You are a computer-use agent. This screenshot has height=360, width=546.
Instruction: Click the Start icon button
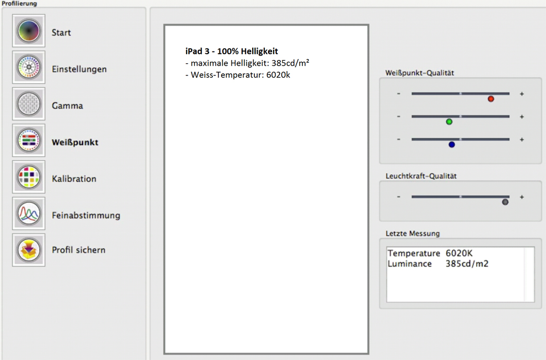pos(28,31)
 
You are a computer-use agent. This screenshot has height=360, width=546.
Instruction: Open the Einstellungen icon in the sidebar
pos(28,67)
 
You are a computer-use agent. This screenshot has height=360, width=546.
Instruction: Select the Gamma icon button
pos(28,104)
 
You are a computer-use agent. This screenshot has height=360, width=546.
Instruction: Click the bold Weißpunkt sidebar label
pos(75,142)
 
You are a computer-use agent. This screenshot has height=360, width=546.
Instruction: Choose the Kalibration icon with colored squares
pos(28,177)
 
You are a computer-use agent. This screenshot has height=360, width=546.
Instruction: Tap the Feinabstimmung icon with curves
pos(28,214)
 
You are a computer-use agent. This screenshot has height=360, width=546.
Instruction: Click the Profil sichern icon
pos(28,250)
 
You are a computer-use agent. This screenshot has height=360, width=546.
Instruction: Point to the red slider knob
pos(491,99)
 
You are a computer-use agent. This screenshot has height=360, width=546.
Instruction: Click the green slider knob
pos(449,122)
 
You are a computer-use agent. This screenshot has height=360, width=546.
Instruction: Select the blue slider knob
pos(452,144)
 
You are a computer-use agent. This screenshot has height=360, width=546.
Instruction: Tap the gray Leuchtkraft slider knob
pos(505,202)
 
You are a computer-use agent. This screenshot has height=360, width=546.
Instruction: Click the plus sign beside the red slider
pos(521,94)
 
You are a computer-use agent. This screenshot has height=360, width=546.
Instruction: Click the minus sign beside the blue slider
pos(399,139)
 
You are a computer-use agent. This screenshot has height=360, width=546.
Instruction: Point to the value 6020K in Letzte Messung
pos(459,253)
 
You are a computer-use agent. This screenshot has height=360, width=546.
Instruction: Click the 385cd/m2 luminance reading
pos(467,264)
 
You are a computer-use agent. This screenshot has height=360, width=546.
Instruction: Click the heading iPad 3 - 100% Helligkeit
pos(232,51)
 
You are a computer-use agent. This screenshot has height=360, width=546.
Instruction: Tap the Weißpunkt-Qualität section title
pos(419,73)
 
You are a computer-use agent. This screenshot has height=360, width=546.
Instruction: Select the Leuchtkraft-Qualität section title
pos(421,176)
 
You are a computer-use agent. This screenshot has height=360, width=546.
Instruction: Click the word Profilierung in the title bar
pos(19,3)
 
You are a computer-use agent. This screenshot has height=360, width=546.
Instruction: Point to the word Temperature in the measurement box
pos(414,253)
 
